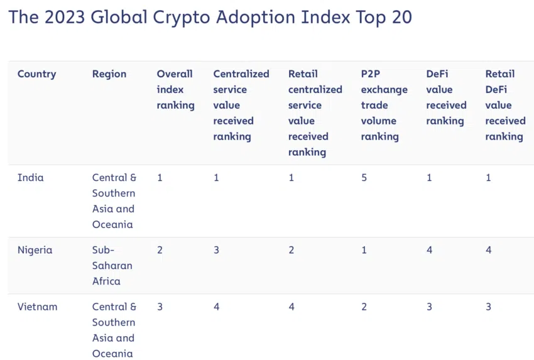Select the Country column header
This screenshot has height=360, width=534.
36,74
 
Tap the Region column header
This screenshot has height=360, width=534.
109,74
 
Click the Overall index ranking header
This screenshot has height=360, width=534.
175,89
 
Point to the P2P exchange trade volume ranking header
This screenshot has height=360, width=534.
384,105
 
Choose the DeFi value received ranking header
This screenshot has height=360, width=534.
446,97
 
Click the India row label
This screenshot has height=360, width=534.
31,178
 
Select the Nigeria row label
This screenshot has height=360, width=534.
35,250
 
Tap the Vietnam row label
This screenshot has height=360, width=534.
37,307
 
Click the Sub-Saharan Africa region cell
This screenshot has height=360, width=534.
112,265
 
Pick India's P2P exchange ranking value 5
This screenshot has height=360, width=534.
364,178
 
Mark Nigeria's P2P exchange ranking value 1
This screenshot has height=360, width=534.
364,250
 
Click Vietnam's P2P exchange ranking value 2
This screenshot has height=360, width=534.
364,307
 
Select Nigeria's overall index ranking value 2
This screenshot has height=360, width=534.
160,250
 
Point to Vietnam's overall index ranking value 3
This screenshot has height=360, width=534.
160,307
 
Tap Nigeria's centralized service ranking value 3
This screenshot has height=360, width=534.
217,250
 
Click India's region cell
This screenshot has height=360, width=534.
114,201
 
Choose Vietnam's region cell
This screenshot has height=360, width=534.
114,330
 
